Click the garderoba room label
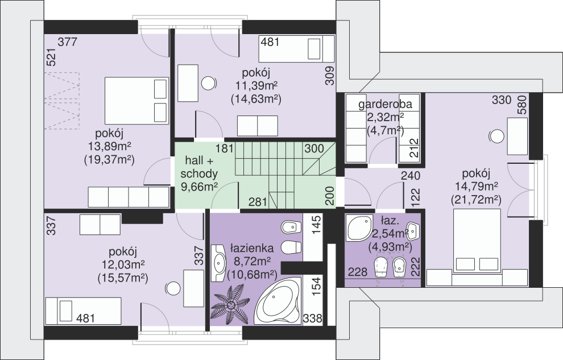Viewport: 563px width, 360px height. click(x=385, y=105)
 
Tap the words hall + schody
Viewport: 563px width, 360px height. click(x=199, y=167)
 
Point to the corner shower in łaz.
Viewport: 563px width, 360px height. click(x=359, y=228)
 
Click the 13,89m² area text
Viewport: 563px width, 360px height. click(x=109, y=146)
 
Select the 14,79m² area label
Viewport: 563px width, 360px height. click(x=476, y=187)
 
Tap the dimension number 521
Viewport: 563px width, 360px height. click(x=52, y=57)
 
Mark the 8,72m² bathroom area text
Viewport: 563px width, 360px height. click(x=252, y=261)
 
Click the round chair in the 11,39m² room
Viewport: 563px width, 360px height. click(x=209, y=84)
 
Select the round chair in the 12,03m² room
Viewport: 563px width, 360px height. click(x=173, y=289)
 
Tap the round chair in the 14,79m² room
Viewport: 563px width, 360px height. click(x=496, y=136)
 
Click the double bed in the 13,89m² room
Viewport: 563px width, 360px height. click(x=136, y=101)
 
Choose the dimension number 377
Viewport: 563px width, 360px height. click(x=68, y=42)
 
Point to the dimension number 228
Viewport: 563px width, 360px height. click(x=358, y=272)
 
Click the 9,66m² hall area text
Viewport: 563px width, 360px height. click(x=199, y=187)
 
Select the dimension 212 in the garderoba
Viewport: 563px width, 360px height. click(x=415, y=148)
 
